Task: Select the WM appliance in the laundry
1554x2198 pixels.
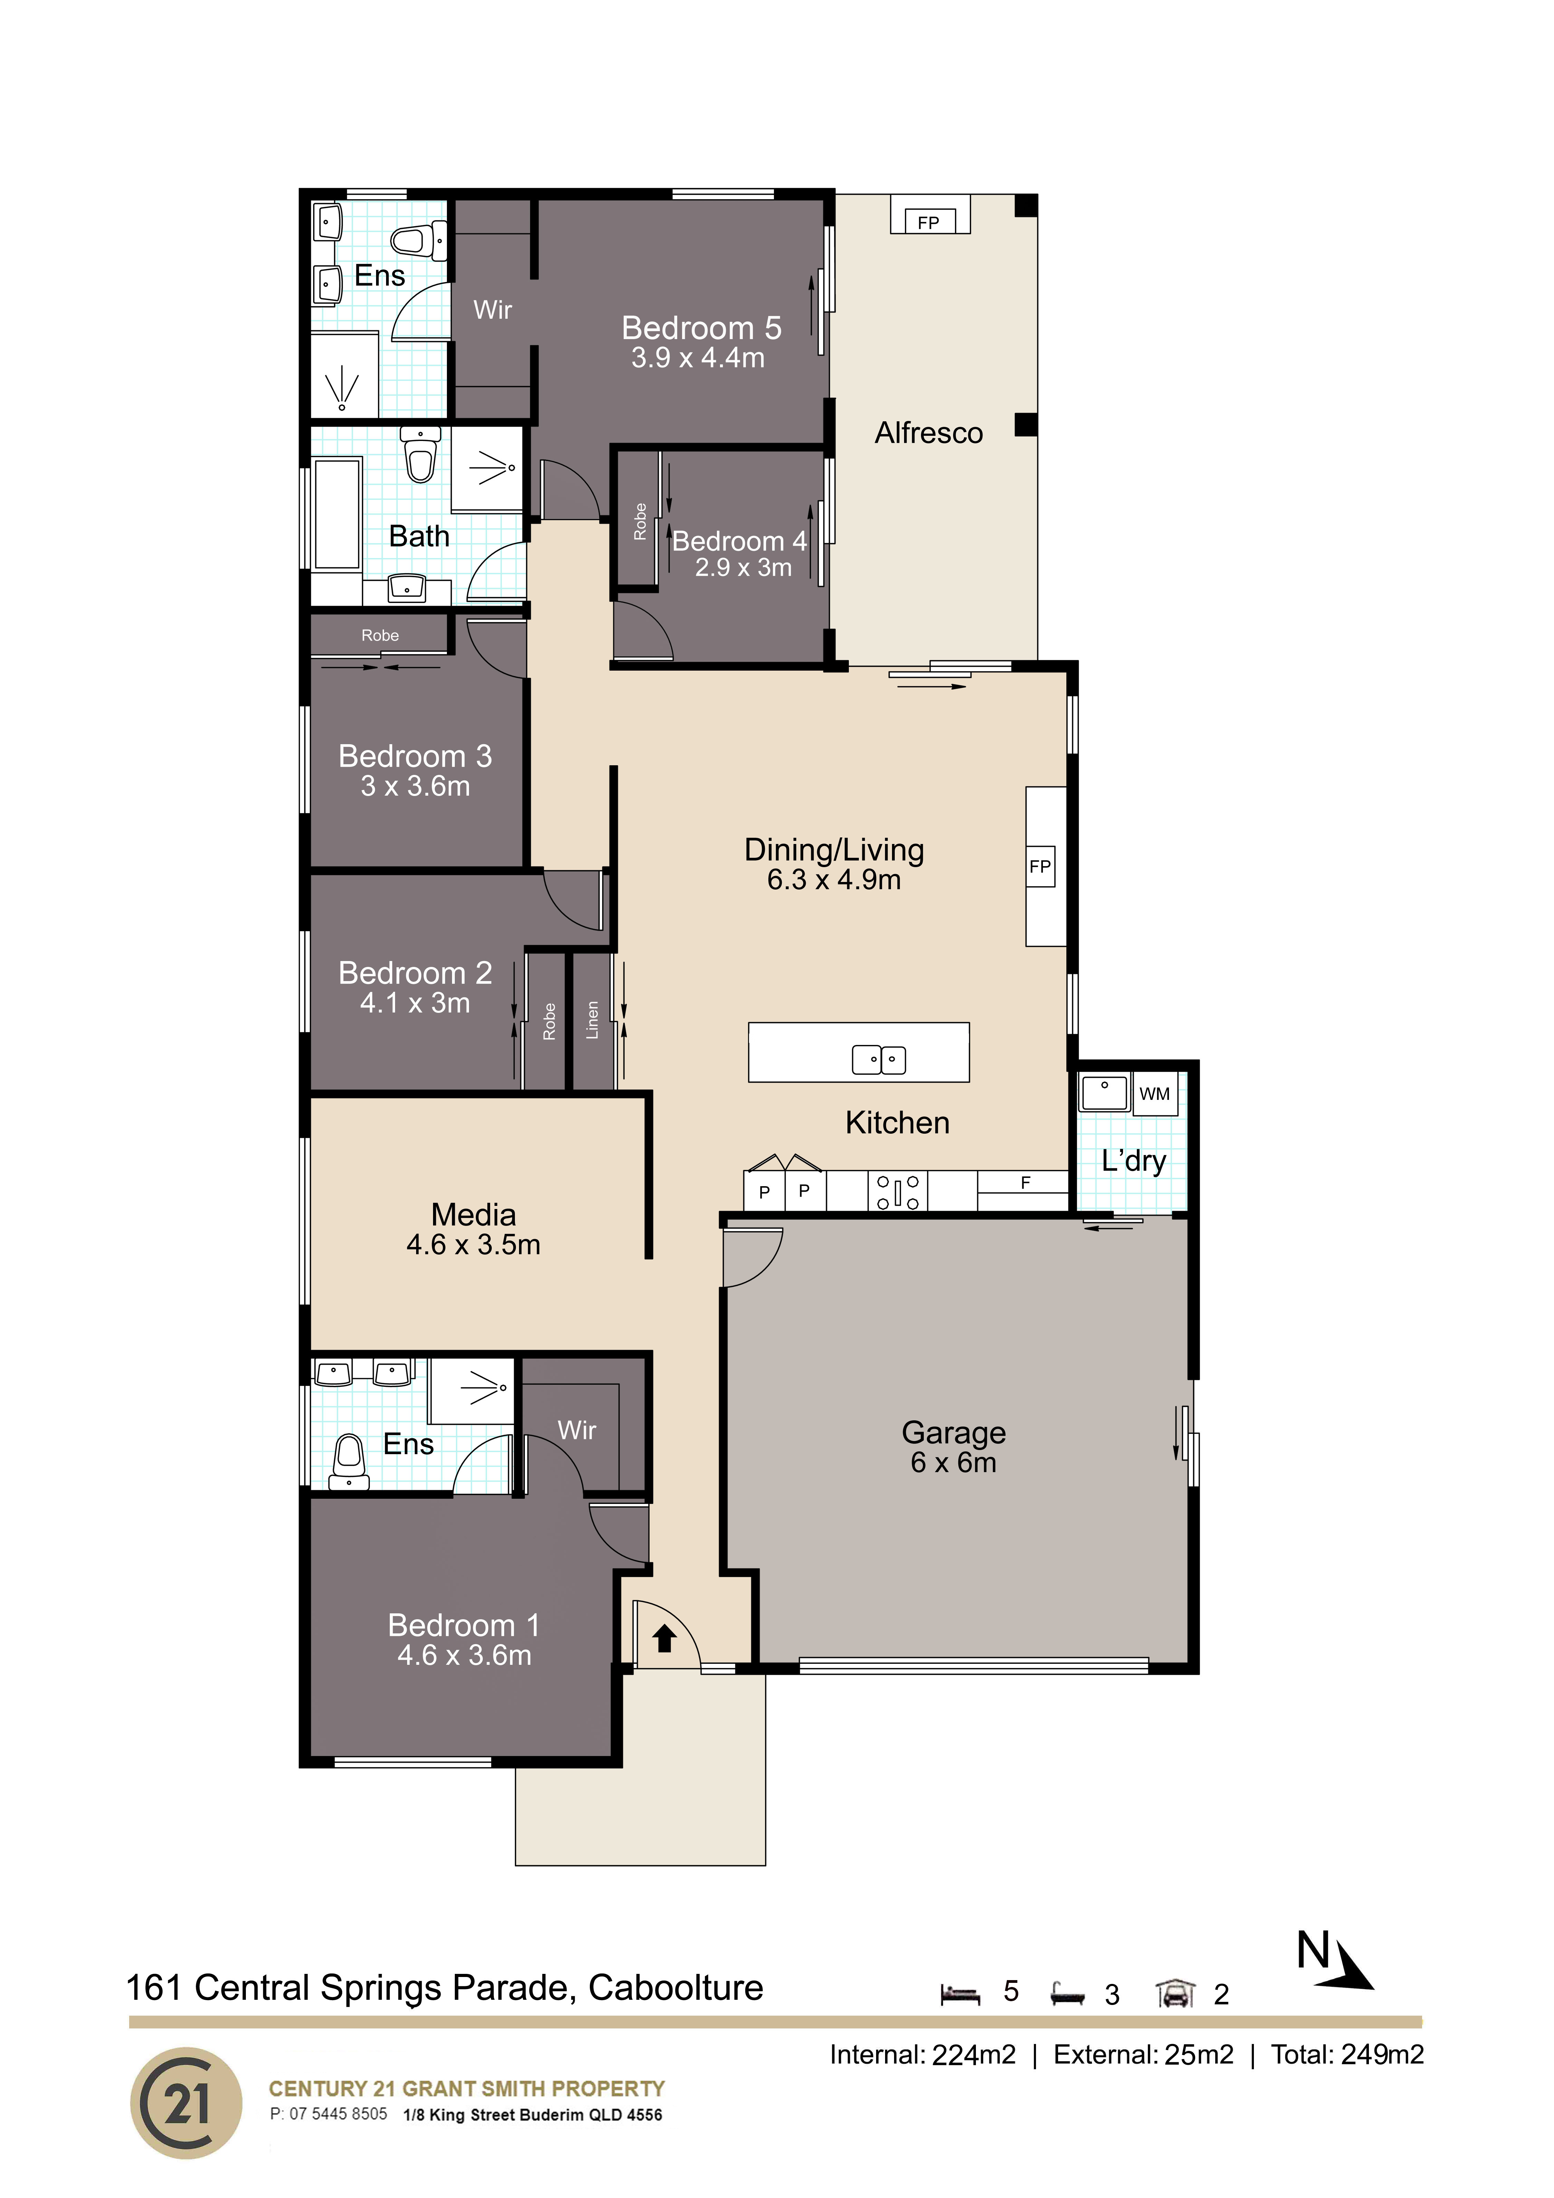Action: click(x=1155, y=1093)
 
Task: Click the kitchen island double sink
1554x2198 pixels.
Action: click(x=878, y=1059)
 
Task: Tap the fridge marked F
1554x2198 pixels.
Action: click(x=1023, y=1183)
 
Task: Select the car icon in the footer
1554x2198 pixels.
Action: click(x=1175, y=1993)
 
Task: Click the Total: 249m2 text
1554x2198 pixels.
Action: click(x=1347, y=2054)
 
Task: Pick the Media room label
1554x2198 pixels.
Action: click(x=473, y=1214)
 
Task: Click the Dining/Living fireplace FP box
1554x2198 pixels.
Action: click(x=1040, y=866)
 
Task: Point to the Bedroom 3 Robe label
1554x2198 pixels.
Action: click(x=380, y=636)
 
